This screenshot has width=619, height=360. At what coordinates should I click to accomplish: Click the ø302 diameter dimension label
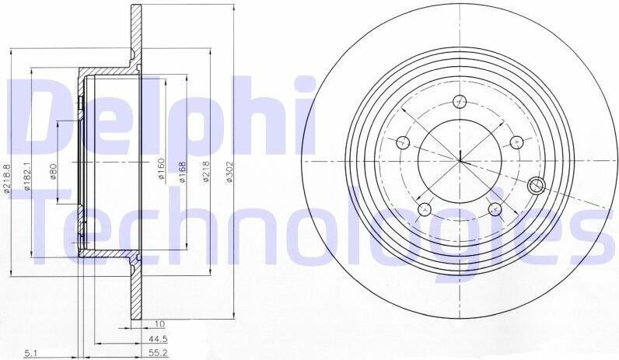click(x=229, y=172)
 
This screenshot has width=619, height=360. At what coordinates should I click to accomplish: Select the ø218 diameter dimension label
click(x=206, y=172)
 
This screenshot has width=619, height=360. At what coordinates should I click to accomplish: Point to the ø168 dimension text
click(x=182, y=172)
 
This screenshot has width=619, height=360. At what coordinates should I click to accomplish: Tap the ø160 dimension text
click(x=161, y=169)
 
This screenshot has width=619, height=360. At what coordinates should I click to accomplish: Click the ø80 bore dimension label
click(x=54, y=171)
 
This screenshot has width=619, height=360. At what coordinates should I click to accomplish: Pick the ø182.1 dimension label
click(x=27, y=177)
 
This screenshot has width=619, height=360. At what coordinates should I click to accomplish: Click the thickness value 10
click(x=159, y=324)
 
